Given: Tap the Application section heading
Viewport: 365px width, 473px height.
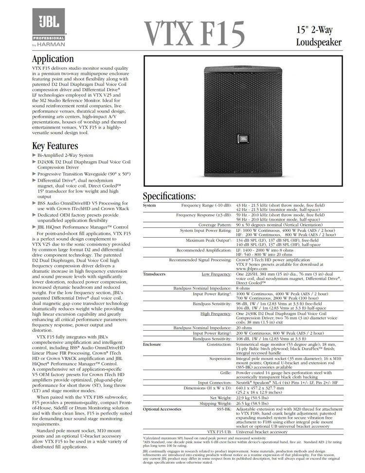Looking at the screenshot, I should (53, 59).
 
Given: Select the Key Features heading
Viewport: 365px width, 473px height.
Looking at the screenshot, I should (55, 146).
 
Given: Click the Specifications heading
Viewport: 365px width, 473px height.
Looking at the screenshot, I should (169, 197).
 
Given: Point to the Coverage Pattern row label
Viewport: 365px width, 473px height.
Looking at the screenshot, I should (215, 225).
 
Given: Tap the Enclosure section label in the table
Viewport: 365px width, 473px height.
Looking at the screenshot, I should (152, 344).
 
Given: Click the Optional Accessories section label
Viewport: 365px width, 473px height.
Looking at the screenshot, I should (162, 409).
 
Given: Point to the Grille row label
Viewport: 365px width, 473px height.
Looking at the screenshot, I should (224, 373).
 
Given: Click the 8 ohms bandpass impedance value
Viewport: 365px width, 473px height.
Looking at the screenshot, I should (243, 288).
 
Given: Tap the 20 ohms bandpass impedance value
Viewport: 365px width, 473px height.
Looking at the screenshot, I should (245, 328).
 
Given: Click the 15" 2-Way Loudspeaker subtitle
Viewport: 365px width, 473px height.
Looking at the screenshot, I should (318, 37).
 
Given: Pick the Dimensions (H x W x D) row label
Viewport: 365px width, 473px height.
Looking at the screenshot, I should (208, 388).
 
